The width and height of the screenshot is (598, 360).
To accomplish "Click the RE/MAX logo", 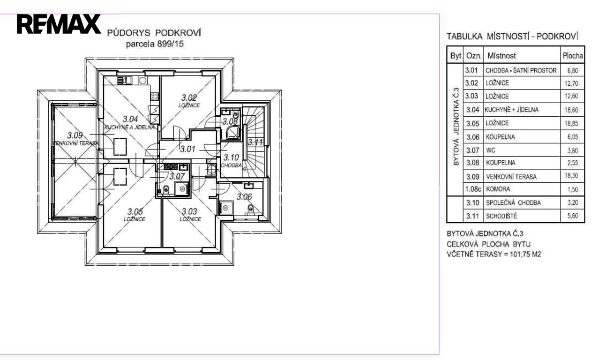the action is coord(59,24).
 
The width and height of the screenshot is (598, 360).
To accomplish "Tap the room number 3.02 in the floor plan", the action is coord(189,97).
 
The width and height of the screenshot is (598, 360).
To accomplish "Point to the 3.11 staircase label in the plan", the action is coord(255,142).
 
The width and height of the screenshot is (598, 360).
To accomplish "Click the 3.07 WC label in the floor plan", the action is coord(177,176).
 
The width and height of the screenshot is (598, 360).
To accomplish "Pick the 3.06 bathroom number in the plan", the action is coord(244,197).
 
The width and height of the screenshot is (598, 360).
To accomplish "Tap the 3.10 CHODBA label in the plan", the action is coord(231,161).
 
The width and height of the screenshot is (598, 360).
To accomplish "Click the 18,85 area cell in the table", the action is coord(571,123).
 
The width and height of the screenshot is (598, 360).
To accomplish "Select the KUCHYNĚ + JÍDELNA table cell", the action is coord(511,110).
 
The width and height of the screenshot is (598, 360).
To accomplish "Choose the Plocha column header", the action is coord(573,56).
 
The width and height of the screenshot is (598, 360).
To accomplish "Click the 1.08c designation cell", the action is coord(473,189).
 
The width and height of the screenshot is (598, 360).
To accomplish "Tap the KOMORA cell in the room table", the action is coord(498,189).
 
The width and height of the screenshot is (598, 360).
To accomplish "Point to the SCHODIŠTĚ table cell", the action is coord(501,216).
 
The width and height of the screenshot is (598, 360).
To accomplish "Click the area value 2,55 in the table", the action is coord(573,163).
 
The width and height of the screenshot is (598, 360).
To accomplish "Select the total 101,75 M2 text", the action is coord(525,254).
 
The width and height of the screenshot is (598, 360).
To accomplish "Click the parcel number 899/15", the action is coord(170,44).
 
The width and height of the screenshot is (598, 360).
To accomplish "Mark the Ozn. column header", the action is coord(474,56).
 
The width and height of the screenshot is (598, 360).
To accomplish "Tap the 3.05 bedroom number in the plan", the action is coord(135,211).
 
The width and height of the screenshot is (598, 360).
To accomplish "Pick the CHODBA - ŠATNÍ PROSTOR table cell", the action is coord(521,70).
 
